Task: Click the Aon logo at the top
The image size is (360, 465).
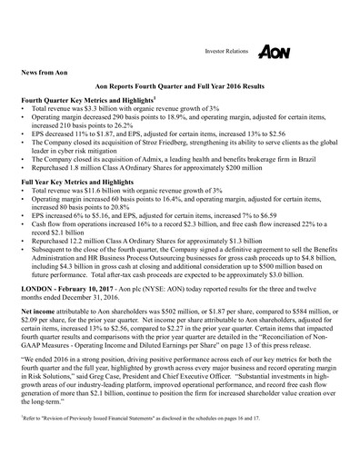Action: pyautogui.click(x=275, y=53)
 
